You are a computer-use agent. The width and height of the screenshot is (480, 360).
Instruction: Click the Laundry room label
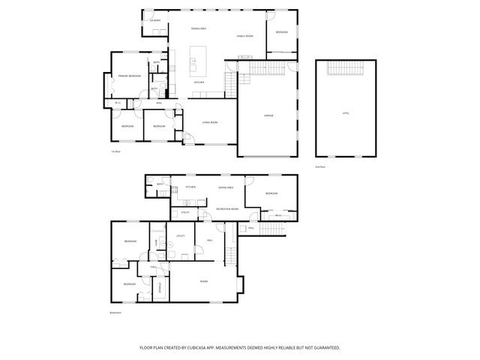pyautogui.click(x=156, y=21)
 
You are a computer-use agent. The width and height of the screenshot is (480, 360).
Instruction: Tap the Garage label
pyautogui.click(x=268, y=115)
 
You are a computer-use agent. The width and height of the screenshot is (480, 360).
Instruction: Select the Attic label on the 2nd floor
pyautogui.click(x=346, y=113)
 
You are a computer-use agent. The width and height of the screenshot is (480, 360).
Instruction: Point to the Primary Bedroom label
pyautogui.click(x=129, y=76)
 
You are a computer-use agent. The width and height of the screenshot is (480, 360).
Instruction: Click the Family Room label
pyautogui.click(x=245, y=36)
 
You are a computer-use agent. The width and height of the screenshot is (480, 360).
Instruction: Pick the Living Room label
pyautogui.click(x=209, y=122)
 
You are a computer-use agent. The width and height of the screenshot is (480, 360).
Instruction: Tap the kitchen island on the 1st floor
pyautogui.click(x=199, y=56)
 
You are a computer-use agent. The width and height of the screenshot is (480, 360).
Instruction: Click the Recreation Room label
pyautogui.click(x=227, y=208)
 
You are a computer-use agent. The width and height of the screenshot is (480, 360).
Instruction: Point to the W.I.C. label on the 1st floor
pyautogui.click(x=118, y=103)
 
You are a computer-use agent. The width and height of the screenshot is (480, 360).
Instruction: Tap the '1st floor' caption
pyautogui.click(x=116, y=151)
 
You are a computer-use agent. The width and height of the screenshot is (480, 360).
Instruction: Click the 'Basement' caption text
pyautogui.click(x=115, y=313)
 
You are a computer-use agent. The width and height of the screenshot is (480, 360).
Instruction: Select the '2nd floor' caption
pyautogui.click(x=319, y=166)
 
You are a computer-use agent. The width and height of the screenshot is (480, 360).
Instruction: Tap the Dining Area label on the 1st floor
pyautogui.click(x=198, y=28)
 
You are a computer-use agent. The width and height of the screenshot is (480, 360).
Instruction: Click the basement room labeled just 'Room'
pyautogui.click(x=203, y=280)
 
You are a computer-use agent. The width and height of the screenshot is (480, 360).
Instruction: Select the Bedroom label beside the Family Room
pyautogui.click(x=281, y=32)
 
